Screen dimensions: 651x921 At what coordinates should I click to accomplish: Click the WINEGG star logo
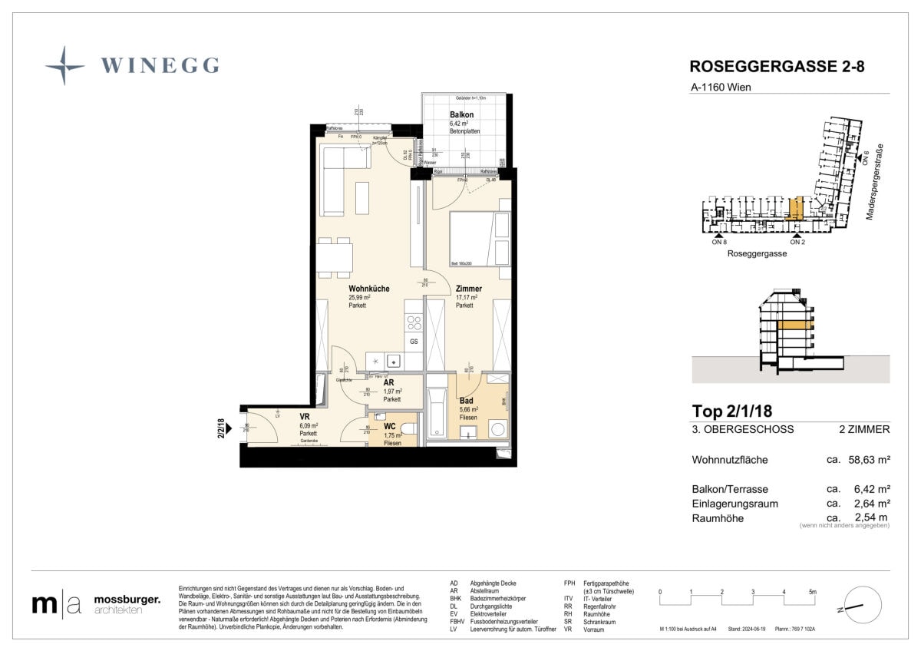(64, 65)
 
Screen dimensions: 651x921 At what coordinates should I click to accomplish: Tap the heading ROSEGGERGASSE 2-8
(777, 67)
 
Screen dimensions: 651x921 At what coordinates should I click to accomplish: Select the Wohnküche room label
(368, 289)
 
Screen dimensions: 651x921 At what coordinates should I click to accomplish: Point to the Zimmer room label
(467, 289)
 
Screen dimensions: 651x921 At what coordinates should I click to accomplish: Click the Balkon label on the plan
(461, 114)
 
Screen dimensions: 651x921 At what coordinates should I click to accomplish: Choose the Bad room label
(466, 401)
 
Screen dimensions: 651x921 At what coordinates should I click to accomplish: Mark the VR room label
(305, 417)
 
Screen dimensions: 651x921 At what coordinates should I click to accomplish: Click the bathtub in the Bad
(436, 412)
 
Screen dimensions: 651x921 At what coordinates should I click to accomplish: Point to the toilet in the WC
(408, 428)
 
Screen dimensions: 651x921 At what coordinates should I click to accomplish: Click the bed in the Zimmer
(472, 237)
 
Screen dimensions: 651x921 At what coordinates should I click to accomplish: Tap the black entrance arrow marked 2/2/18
(229, 442)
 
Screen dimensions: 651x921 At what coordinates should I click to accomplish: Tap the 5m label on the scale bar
(813, 592)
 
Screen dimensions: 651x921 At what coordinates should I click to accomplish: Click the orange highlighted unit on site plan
(796, 208)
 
